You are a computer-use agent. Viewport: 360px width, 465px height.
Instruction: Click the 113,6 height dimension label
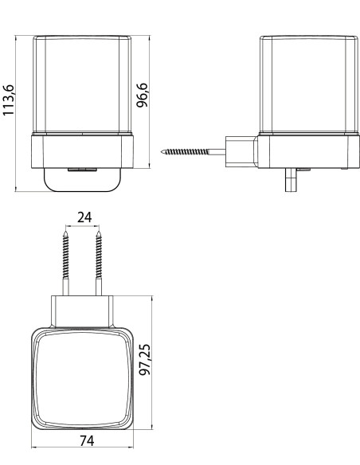(8, 100)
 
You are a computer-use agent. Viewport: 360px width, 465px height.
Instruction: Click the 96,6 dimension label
(142, 95)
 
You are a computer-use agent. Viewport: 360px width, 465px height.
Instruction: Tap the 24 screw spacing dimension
(84, 217)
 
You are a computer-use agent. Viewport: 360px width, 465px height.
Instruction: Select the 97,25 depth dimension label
(145, 359)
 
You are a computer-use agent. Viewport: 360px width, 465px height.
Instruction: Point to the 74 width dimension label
(87, 440)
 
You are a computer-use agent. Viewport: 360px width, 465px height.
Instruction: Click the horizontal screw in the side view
(193, 152)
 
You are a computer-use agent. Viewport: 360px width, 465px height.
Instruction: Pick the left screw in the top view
(66, 263)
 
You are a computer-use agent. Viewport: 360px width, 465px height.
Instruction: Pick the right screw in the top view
(99, 263)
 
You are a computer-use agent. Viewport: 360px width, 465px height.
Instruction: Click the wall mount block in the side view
(241, 151)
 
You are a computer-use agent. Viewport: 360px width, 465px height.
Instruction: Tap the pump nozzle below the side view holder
(291, 180)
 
